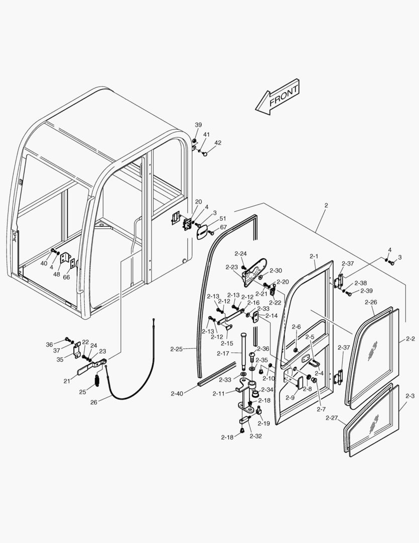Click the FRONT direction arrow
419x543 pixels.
[x=277, y=97]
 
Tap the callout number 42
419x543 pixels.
[x=217, y=143]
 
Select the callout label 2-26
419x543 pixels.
[x=371, y=302]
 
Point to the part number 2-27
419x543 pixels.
[x=332, y=418]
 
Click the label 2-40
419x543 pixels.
[x=177, y=394]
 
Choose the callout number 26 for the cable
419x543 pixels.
[x=94, y=402]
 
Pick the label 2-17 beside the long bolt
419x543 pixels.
[x=223, y=353]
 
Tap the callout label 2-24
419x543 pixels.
[x=240, y=253]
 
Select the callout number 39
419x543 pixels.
[x=198, y=125]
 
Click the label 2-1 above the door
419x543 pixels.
[x=314, y=256]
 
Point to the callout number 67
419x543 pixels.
[x=223, y=227]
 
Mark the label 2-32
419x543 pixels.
[x=255, y=436]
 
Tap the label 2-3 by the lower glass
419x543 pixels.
[x=410, y=397]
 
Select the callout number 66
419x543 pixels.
[x=66, y=277]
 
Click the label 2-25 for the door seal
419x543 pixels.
[x=177, y=348]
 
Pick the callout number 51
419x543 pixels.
[x=223, y=219]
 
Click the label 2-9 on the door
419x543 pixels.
[x=290, y=398]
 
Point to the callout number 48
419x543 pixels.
[x=57, y=274]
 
